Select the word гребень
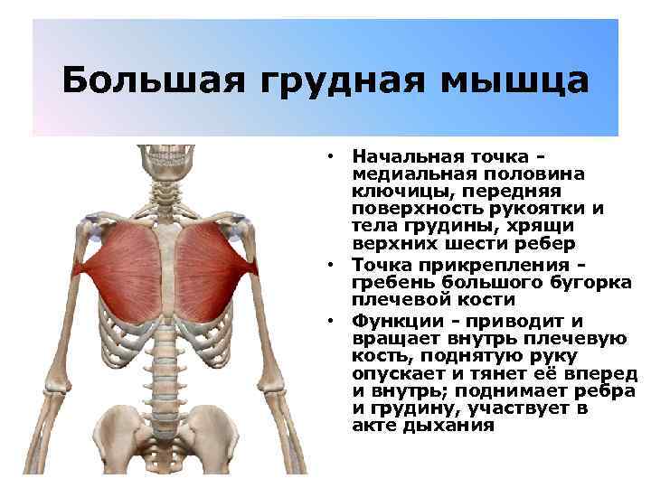point(387,282)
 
